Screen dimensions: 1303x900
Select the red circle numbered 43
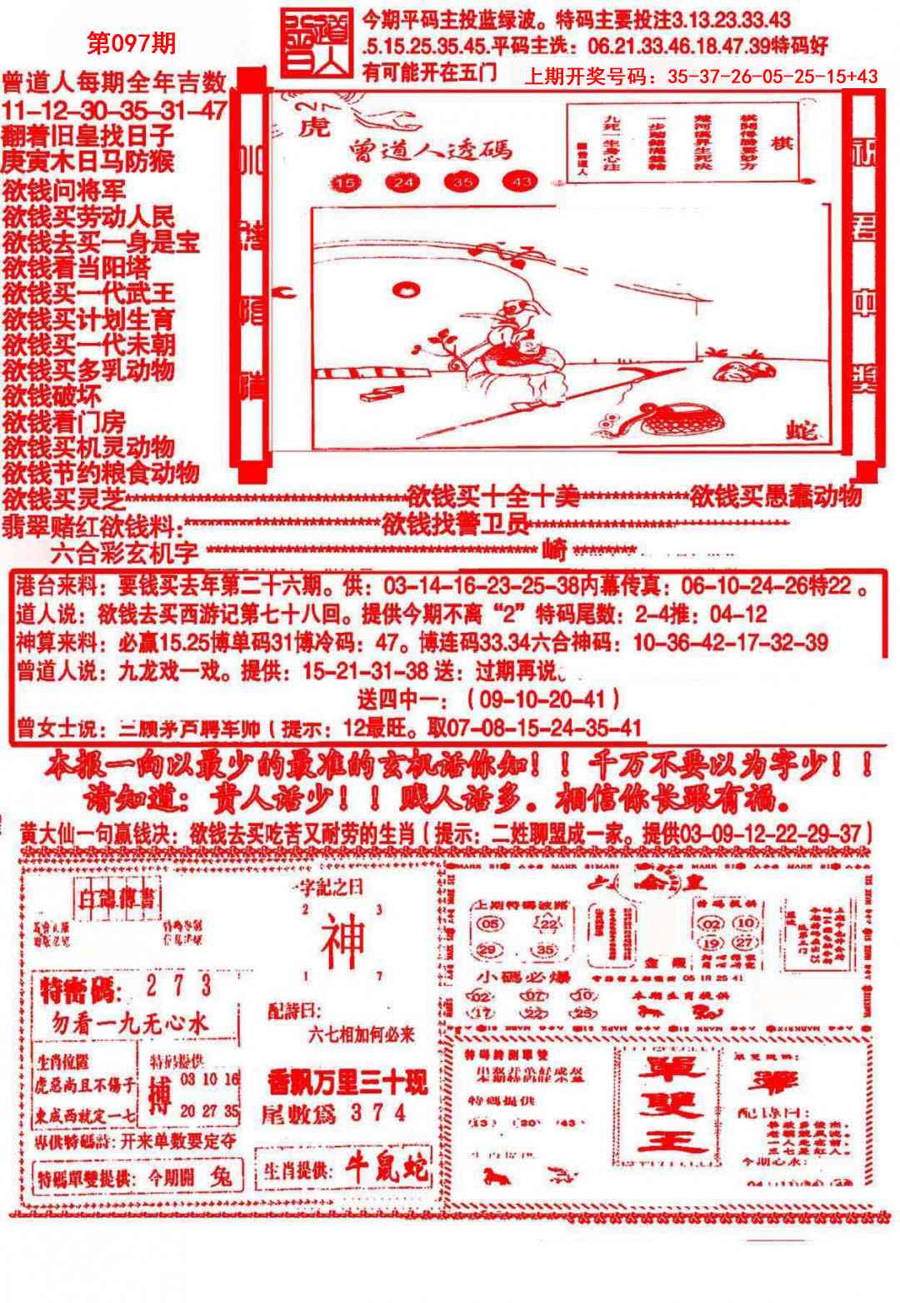521,182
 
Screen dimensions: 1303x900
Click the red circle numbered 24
403,182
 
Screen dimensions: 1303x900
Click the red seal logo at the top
316,42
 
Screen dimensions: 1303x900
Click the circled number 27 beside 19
744,942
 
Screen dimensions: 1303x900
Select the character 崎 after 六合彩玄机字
553,550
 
